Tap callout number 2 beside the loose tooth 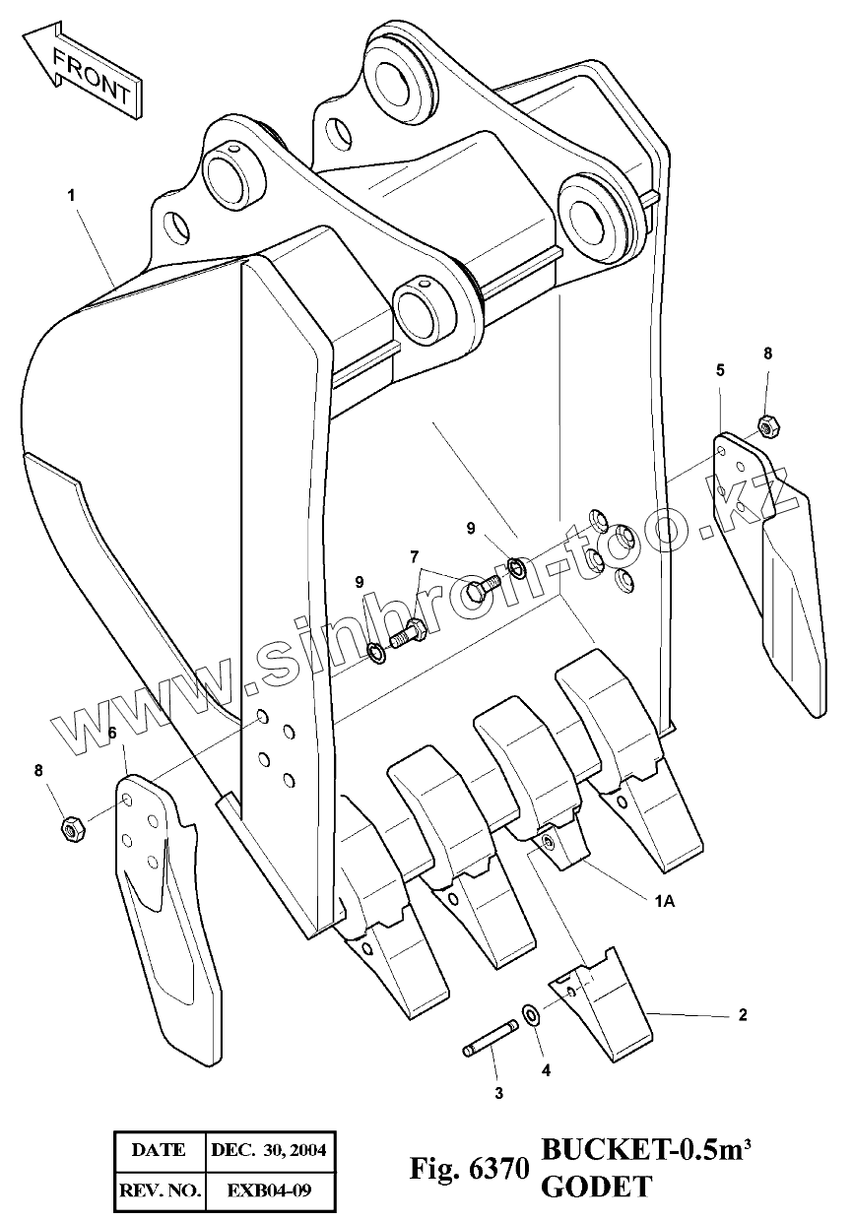742,1013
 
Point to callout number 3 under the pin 498,1092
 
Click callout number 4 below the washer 546,1069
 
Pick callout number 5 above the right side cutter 720,369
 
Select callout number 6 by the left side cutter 112,733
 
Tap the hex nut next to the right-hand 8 767,426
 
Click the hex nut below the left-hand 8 71,829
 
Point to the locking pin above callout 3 490,1040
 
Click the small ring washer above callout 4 530,1014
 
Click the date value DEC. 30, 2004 268,1149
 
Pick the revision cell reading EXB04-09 268,1190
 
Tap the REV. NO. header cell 159,1190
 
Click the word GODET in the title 595,1188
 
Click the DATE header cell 159,1149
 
